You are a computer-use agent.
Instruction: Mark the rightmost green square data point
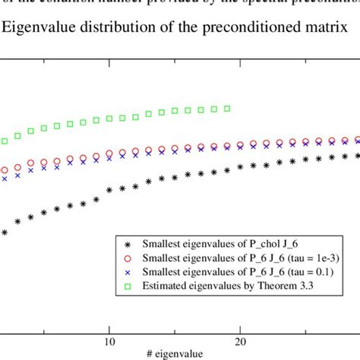point(227,109)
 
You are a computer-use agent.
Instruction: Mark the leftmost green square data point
point(5,141)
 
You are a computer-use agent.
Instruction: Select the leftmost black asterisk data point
point(5,232)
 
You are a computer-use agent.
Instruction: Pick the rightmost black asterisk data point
point(357,156)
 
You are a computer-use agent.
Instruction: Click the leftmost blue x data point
point(5,178)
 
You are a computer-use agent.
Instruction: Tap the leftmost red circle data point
point(5,171)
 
